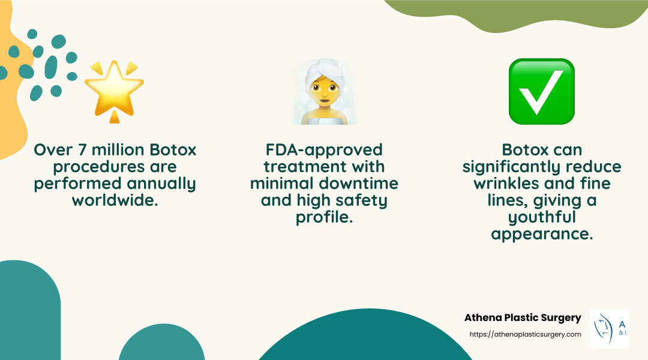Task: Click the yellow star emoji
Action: pos(114,90)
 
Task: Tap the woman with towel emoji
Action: pos(325,93)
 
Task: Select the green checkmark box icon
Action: pos(541,91)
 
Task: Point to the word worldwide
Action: pos(115,200)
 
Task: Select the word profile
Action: pos(324,217)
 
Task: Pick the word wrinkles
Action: pos(509,183)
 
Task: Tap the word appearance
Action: pos(541,234)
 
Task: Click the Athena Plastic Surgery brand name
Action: pos(523,318)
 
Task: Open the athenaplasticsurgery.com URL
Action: pos(524,334)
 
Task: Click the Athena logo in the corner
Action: pos(608,329)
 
